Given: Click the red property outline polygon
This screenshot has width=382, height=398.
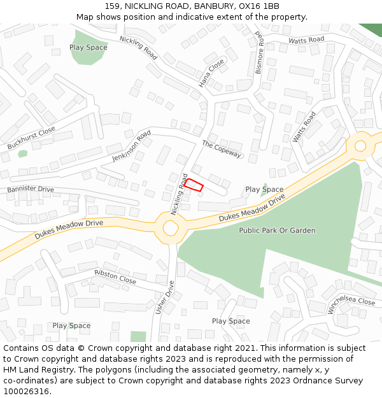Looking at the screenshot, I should tap(194, 185).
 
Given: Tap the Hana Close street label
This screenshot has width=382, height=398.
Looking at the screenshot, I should tap(212, 73).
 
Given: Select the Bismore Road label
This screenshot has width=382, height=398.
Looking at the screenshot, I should tap(259, 52).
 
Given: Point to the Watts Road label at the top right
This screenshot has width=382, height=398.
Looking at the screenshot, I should tap(306, 39).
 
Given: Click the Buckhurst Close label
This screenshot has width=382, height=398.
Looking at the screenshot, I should tap(31, 138).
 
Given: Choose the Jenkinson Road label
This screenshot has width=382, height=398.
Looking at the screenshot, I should tap(131, 146).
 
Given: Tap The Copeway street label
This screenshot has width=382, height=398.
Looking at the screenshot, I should tap(222, 149).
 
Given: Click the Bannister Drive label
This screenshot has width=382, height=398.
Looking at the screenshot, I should tap(31, 189).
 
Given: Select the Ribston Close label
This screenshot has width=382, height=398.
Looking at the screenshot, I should tap(115, 276).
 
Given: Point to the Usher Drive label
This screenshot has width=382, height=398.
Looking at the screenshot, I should tap(164, 297).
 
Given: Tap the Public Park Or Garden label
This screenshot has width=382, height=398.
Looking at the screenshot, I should tap(277, 231).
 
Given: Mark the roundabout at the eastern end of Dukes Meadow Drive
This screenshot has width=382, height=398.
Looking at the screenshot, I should tap(360, 146).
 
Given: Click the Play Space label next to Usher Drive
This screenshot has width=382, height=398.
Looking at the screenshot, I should tap(230, 321).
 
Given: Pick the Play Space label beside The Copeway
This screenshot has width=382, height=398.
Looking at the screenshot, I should tap(264, 189).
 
